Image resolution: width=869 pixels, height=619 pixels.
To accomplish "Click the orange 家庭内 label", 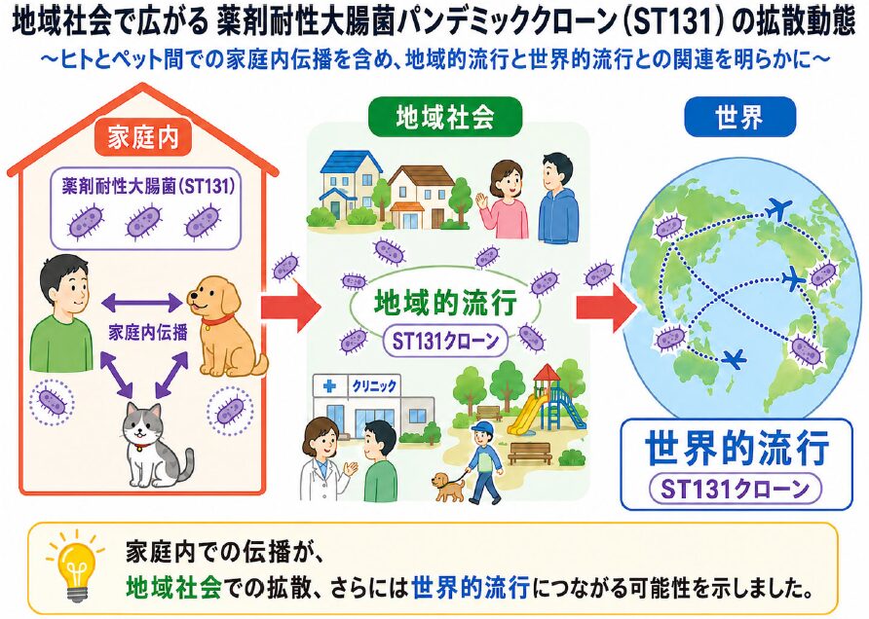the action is [143, 136].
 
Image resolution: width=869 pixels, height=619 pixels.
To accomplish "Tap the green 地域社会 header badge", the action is [445, 117].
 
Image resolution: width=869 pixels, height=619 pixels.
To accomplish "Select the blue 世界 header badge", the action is [739, 117].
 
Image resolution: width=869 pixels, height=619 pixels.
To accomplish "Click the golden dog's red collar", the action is [217, 319].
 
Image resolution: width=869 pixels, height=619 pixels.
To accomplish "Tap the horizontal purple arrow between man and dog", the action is [142, 303].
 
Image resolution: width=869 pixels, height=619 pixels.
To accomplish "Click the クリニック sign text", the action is [374, 385].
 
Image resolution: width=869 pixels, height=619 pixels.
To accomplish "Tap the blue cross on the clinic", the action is [329, 385].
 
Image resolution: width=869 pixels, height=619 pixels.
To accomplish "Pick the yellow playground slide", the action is [523, 413].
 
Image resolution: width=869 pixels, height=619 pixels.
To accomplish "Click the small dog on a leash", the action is [448, 488].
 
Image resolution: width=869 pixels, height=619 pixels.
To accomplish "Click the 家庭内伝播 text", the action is [148, 332].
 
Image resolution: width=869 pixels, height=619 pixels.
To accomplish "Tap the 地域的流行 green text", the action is [445, 303].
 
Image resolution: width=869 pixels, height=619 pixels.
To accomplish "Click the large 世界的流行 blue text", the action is [737, 448].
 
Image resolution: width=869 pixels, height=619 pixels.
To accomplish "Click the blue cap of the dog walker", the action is [481, 427].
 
